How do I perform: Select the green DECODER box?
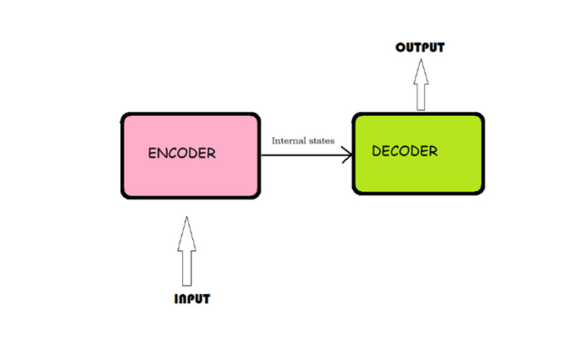point(418,176)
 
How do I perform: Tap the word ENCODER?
point(181,153)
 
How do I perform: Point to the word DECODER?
point(405,151)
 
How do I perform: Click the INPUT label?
point(192,299)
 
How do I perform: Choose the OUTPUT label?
point(420,48)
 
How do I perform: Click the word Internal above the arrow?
point(287,140)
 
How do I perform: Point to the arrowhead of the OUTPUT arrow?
point(420,72)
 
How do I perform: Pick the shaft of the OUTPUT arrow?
point(420,97)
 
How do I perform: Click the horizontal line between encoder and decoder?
point(302,154)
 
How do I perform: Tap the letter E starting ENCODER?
point(152,153)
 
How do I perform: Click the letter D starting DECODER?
point(376,151)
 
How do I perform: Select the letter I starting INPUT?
point(176,299)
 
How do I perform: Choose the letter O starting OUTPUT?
point(400,48)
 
